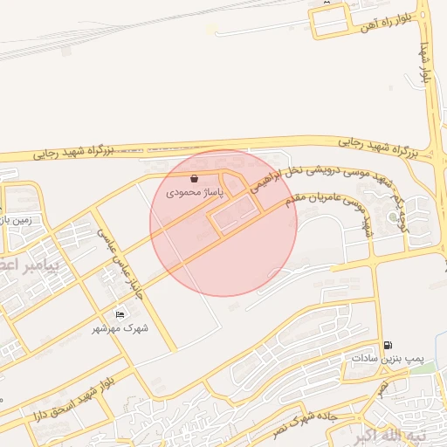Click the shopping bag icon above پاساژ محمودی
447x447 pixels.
point(193,177)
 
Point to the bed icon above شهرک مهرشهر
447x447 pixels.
point(120,315)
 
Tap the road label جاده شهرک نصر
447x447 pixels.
point(318,420)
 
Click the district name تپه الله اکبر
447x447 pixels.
point(394,436)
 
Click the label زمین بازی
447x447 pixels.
point(17,220)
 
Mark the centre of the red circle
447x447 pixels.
point(223,223)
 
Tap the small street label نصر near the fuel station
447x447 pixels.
point(382,389)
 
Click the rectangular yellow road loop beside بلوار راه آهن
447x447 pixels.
point(330,19)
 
